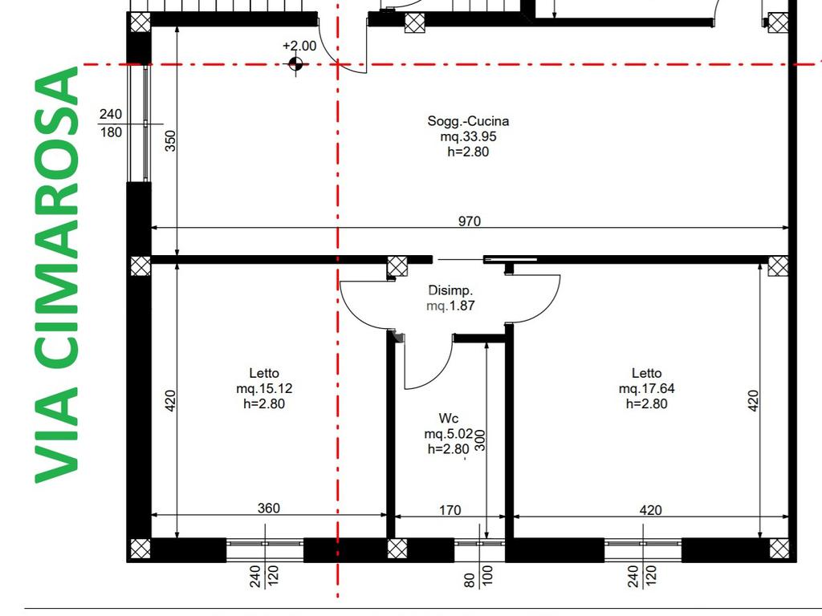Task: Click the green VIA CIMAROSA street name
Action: (57, 275)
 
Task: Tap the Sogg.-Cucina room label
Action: (468, 121)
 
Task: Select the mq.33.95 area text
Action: (468, 136)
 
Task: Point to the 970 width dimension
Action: (469, 221)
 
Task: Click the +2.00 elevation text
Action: (299, 46)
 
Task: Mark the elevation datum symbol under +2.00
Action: (295, 64)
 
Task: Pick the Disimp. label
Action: (450, 290)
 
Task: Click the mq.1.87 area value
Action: (450, 306)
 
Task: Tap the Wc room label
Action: (448, 419)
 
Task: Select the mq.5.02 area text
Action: (448, 434)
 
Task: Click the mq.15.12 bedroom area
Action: (264, 389)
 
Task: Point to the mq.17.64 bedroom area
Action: (646, 389)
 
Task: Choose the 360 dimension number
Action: (268, 508)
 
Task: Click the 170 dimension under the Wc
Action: (450, 510)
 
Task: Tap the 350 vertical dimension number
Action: (170, 141)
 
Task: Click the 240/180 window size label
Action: (111, 123)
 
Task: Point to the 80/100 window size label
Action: (478, 576)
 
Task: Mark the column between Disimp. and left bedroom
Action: (397, 266)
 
